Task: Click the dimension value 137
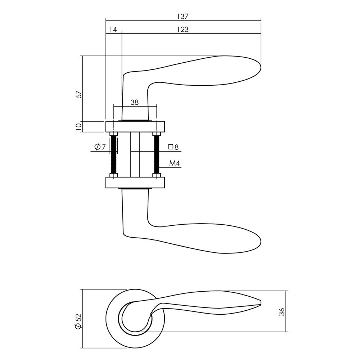183,16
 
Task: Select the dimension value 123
183,30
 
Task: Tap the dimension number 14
113,30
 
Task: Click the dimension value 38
135,102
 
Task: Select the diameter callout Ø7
99,147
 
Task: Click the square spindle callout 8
174,147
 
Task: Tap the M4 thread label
174,164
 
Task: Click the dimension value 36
282,311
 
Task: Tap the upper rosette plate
135,127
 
